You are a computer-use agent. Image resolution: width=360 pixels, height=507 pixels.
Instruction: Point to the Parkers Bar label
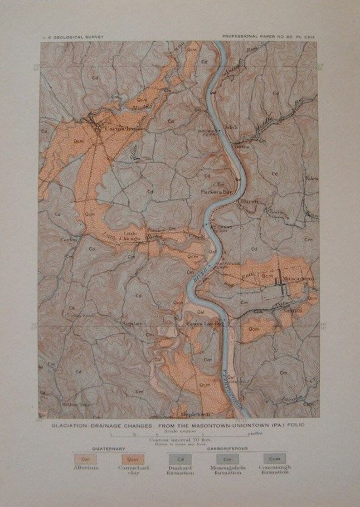217,192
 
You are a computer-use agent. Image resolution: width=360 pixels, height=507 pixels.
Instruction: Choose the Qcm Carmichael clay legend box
132,459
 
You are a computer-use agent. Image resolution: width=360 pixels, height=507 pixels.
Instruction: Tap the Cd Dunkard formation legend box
180,459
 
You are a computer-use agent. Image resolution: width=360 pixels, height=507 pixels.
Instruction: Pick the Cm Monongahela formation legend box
227,459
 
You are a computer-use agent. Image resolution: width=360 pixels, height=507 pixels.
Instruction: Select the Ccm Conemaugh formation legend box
274,459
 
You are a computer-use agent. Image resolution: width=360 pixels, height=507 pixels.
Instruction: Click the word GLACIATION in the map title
69,425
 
